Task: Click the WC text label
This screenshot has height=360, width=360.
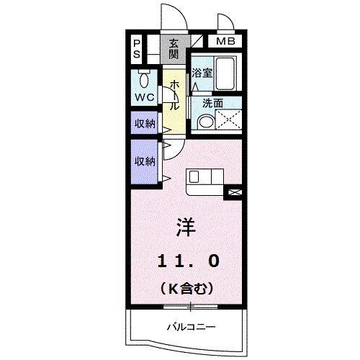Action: (144, 96)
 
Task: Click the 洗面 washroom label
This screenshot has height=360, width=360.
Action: (212, 104)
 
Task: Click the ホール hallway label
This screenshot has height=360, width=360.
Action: (174, 94)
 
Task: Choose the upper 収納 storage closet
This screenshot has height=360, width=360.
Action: (145, 124)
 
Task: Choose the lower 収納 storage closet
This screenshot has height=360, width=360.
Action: (145, 161)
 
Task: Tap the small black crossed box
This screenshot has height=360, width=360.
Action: (234, 192)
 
